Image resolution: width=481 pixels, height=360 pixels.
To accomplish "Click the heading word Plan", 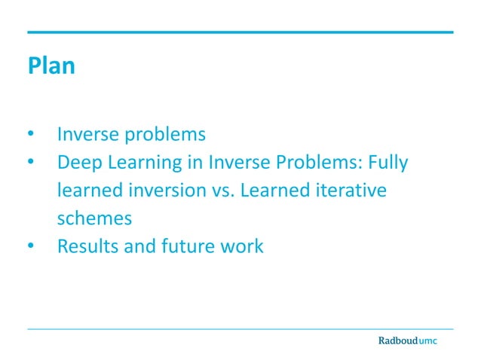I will [51, 66].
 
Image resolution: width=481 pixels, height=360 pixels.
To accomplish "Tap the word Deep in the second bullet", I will [78, 163].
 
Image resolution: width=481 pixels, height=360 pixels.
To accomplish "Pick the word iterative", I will [349, 191].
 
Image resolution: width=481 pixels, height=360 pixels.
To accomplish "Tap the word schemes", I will [95, 218].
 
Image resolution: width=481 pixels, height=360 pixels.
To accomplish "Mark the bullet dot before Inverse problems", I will [32, 136].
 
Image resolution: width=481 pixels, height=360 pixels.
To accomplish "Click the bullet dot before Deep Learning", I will [32, 163].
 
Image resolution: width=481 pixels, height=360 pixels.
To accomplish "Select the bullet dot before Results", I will [32, 247].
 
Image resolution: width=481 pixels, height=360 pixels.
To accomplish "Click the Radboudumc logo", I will [407, 340].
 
